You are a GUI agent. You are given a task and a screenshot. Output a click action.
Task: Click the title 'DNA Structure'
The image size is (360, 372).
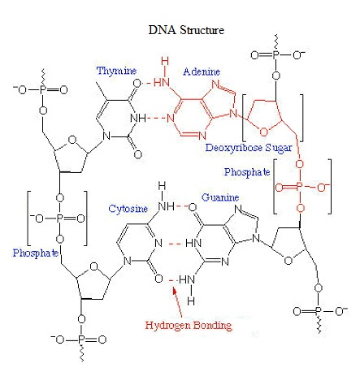[186, 30]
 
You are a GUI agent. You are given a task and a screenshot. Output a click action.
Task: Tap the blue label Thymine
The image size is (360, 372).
[116, 71]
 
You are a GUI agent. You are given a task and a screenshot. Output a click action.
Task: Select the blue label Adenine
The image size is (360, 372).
[202, 71]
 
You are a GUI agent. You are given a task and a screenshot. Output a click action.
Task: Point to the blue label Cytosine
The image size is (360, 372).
[128, 209]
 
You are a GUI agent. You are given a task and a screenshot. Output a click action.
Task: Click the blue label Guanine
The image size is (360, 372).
[220, 197]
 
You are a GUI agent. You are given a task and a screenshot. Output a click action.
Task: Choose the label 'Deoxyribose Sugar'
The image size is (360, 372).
[249, 148]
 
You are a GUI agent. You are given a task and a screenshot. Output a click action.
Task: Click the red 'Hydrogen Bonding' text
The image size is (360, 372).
[189, 325]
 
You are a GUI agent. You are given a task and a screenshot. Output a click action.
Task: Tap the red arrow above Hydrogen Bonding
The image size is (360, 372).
[177, 302]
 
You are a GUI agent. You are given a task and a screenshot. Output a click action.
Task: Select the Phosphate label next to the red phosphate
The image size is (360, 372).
[247, 172]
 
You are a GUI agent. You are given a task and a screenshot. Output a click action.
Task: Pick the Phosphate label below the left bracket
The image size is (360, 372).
[36, 253]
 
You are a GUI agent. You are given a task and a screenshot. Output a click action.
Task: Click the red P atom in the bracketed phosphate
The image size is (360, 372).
[299, 187]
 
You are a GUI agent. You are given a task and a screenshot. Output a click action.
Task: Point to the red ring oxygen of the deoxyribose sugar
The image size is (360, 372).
[263, 132]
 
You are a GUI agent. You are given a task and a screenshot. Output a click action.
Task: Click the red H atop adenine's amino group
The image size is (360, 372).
[165, 61]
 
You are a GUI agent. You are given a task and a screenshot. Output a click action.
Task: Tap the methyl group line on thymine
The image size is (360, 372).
[102, 91]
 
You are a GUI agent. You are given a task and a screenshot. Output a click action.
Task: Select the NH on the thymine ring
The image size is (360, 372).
[138, 118]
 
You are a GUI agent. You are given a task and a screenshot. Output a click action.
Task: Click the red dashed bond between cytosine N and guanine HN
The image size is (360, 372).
[175, 244]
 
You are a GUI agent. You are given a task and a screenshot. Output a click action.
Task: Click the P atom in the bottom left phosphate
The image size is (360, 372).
[81, 340]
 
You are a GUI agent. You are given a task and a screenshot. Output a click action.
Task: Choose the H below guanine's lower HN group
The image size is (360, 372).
[191, 301]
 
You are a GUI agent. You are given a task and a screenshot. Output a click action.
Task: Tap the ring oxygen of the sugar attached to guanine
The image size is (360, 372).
[288, 261]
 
